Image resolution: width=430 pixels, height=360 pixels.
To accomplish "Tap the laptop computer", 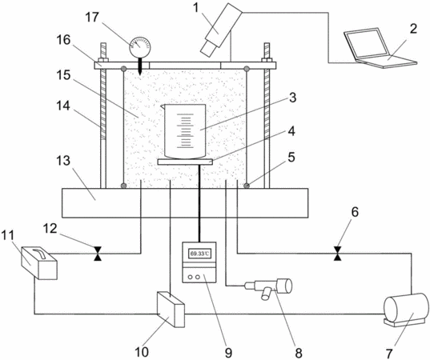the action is coord(380,48).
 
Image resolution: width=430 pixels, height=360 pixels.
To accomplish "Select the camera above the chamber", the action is coord(221,30).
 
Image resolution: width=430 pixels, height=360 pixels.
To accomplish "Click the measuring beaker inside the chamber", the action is coord(184,131).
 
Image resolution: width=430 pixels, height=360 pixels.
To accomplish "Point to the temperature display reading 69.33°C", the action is coord(199,254).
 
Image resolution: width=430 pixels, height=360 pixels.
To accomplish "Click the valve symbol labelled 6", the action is coord(338,254).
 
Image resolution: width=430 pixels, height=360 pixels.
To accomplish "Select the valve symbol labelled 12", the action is coord(98,254).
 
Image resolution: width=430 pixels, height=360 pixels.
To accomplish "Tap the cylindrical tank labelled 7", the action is coord(406,310).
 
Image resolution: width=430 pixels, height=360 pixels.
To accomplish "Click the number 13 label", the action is coord(63,160).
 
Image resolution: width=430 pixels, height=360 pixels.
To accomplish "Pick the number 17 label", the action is coord(92,18).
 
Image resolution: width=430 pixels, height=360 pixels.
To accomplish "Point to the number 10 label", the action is coord(142,352).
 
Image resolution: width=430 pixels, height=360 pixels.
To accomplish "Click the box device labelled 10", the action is coord(171,310).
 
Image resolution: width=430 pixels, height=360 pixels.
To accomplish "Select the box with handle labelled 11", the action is coord(39,262).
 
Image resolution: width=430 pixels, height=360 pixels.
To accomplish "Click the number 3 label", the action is coord(292,98).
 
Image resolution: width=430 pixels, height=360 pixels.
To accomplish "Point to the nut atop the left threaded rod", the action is coord(102,60).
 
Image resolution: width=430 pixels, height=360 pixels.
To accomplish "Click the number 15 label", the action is coord(63,74).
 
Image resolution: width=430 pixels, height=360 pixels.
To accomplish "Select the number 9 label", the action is coord(229,353).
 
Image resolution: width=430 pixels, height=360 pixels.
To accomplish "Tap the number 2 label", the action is coord(413,29).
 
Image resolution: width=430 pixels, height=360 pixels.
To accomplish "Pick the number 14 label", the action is coord(63,106).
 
